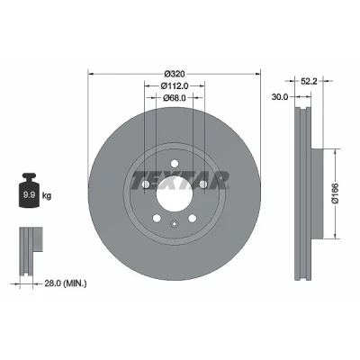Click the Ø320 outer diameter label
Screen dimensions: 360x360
coord(175,74)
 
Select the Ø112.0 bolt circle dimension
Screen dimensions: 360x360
coord(175,86)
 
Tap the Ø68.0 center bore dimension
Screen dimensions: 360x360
coord(175,98)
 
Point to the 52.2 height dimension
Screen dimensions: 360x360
coord(309,81)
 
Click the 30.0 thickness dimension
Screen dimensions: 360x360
coord(280,97)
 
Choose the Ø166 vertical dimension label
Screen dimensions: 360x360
coord(335,193)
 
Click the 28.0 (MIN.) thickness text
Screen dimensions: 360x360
coord(66,283)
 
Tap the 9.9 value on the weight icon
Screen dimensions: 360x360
coord(30,195)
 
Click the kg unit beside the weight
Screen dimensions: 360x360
coord(47,196)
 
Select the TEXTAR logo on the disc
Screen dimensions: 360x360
coord(180,181)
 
